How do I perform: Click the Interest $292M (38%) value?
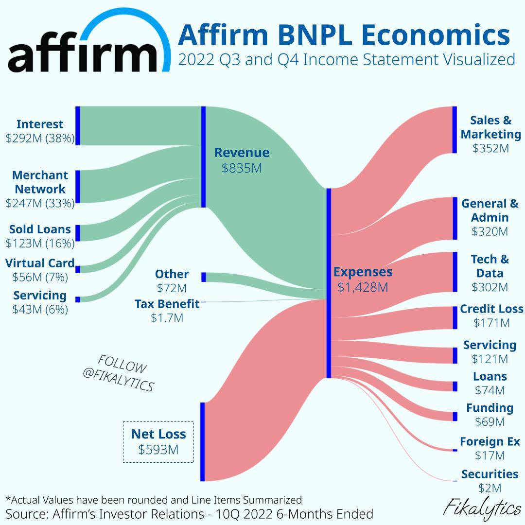(x=40, y=139)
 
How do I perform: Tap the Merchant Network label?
(x=40, y=182)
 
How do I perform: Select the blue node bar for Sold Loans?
(x=78, y=233)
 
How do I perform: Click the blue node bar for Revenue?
(x=203, y=157)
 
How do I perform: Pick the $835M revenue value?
(x=242, y=168)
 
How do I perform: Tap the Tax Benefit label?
(x=167, y=304)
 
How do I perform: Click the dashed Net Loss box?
(x=158, y=441)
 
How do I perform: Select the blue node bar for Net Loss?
(x=203, y=441)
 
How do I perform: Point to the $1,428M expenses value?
(x=363, y=287)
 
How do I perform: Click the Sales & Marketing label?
(x=490, y=127)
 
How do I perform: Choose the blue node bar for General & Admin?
(x=455, y=218)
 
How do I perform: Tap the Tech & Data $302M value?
(x=490, y=287)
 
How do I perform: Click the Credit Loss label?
(x=491, y=309)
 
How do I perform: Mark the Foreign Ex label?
(x=490, y=442)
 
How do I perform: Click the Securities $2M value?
(x=490, y=488)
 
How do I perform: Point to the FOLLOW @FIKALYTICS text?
(x=119, y=373)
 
